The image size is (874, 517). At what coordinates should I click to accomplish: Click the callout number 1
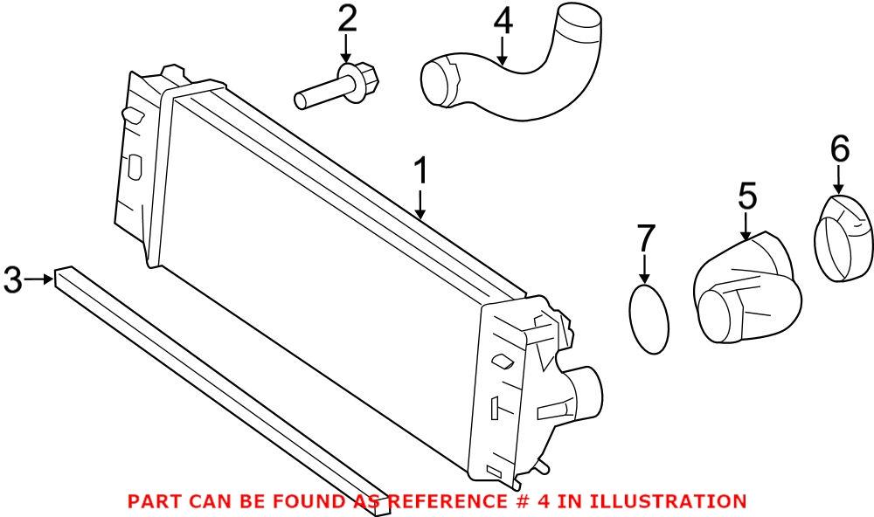[x=420, y=172]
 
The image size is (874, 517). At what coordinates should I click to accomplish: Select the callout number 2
[x=348, y=17]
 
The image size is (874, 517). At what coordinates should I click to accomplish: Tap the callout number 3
[x=12, y=279]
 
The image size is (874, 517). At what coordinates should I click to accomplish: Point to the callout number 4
[x=503, y=22]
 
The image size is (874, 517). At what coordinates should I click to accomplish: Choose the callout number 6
[x=839, y=149]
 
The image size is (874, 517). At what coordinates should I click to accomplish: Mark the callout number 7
[x=645, y=237]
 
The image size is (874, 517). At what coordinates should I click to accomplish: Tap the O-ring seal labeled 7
[x=649, y=320]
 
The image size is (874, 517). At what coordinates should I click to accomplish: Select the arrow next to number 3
[x=38, y=279]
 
